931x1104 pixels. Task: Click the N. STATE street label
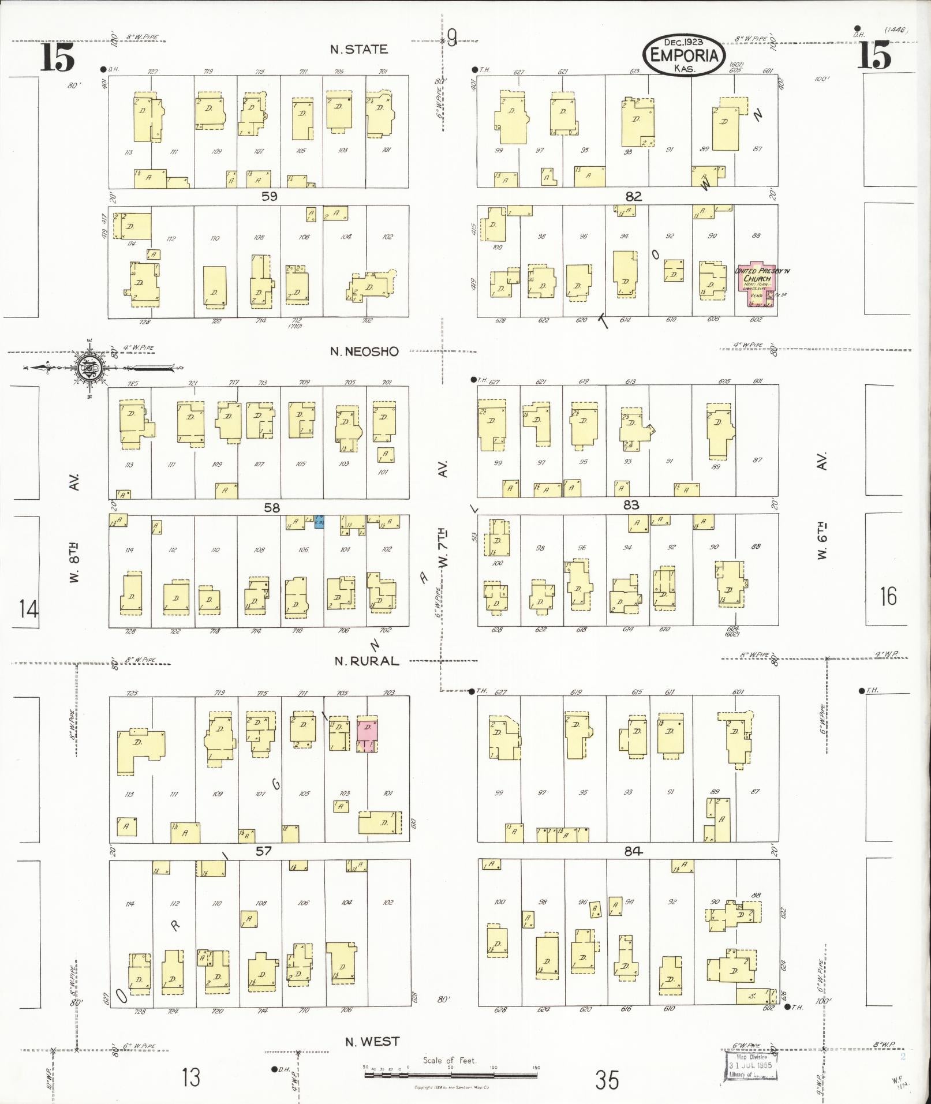point(358,50)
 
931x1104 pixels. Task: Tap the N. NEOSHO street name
point(364,351)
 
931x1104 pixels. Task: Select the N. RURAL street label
point(367,661)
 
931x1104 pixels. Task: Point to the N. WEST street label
point(372,1042)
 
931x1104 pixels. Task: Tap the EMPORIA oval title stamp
point(684,55)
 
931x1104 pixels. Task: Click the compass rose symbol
point(91,367)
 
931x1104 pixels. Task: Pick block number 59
point(269,197)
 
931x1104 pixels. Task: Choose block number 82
point(633,197)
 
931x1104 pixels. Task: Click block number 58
point(271,508)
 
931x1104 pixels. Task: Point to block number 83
point(631,505)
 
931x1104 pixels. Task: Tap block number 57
point(263,851)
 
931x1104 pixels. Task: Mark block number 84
point(633,851)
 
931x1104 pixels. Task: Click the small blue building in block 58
point(319,522)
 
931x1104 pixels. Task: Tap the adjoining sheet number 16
point(888,596)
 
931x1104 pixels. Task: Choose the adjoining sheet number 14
point(28,609)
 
